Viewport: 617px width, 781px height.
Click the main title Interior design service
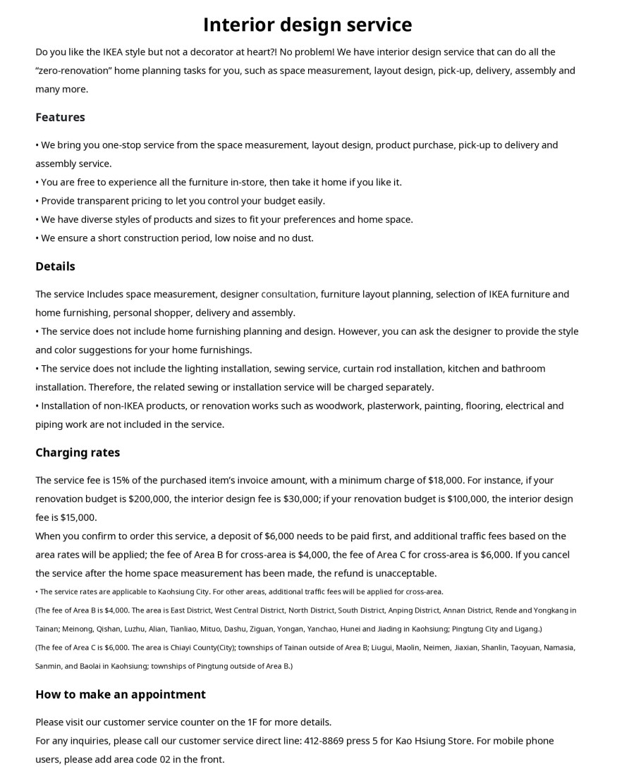pyautogui.click(x=307, y=25)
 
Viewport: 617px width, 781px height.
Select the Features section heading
pyautogui.click(x=60, y=117)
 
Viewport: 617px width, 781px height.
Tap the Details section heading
pyautogui.click(x=55, y=266)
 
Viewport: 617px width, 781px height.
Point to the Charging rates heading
pyautogui.click(x=78, y=453)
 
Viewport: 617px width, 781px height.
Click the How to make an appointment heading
pyautogui.click(x=121, y=694)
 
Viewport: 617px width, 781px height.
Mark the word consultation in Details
pyautogui.click(x=288, y=294)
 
